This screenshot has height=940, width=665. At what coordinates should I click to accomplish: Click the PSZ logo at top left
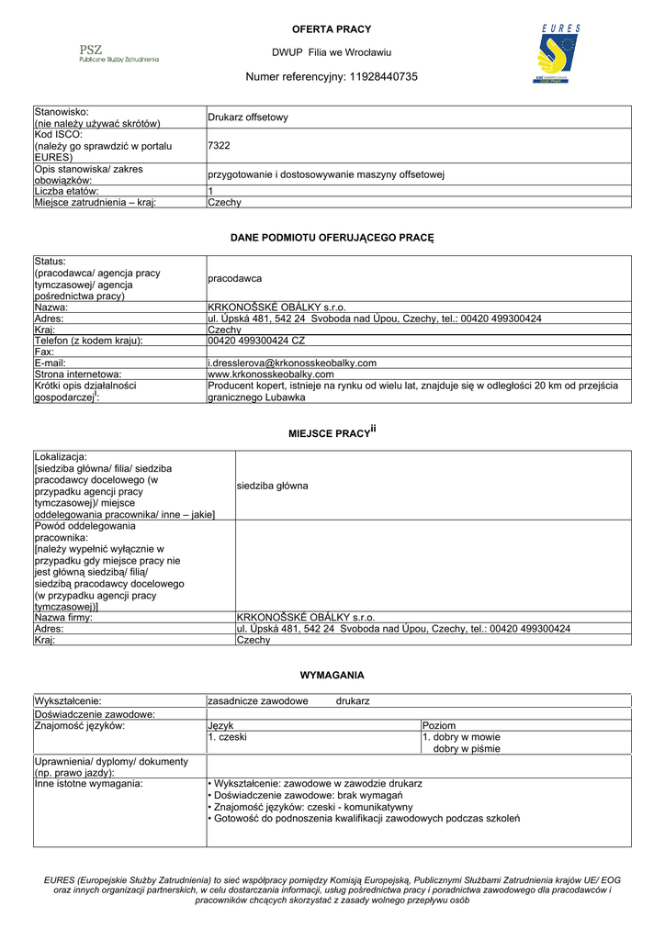118,52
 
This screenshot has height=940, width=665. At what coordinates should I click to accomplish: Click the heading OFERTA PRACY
332,30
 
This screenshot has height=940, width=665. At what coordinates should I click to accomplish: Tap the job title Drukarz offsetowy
248,117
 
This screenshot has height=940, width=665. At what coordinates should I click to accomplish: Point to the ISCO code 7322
219,146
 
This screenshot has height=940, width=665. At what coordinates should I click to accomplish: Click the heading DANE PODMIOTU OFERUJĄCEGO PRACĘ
332,239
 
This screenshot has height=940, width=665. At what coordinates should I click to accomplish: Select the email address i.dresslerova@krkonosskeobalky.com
292,364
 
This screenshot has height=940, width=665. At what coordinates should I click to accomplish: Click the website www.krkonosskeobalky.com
271,375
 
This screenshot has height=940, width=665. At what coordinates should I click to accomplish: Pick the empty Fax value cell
419,352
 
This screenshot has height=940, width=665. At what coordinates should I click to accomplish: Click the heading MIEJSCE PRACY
332,431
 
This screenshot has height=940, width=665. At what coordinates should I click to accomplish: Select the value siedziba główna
273,486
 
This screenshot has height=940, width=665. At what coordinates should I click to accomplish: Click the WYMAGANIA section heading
332,676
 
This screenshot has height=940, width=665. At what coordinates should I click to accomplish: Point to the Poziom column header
439,726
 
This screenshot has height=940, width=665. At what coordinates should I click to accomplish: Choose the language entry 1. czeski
228,737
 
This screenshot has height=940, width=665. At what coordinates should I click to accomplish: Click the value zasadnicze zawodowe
258,701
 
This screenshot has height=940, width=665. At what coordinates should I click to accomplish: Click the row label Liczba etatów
73,191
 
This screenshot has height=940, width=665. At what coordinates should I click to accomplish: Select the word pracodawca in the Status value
235,278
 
